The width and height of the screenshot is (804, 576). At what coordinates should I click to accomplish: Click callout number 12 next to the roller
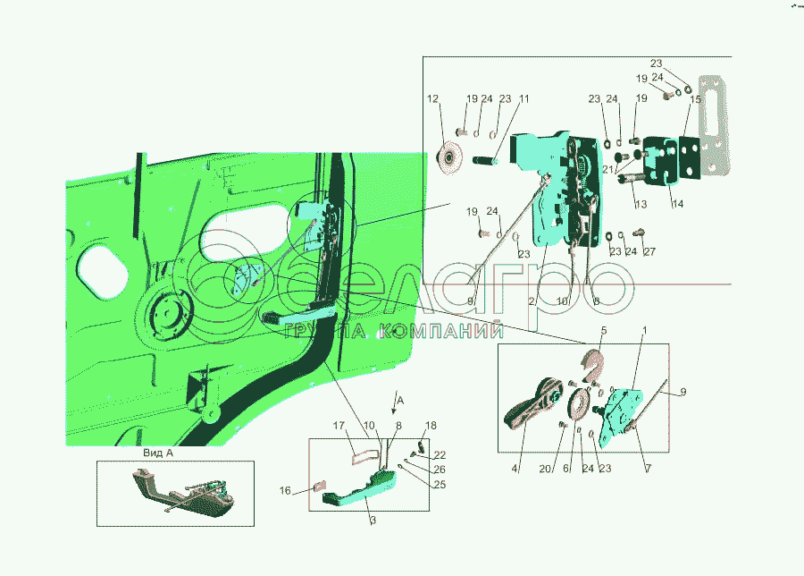pos(432,99)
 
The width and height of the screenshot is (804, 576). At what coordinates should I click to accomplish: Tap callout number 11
pos(524,99)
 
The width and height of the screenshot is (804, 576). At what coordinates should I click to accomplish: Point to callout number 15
pos(695,99)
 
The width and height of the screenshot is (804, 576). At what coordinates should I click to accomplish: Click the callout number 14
pos(678,204)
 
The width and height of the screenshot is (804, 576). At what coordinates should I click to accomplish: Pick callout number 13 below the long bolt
pos(641,204)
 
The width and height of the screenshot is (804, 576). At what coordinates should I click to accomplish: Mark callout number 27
pos(649,251)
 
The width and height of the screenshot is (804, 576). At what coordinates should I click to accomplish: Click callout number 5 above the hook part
pos(603,332)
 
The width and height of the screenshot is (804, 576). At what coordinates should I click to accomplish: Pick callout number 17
pos(339,425)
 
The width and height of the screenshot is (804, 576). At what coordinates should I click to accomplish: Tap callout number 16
pos(286,490)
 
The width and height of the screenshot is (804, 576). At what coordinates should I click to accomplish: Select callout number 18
pos(431,425)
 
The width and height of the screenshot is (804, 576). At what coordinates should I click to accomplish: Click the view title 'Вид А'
pos(156,453)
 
